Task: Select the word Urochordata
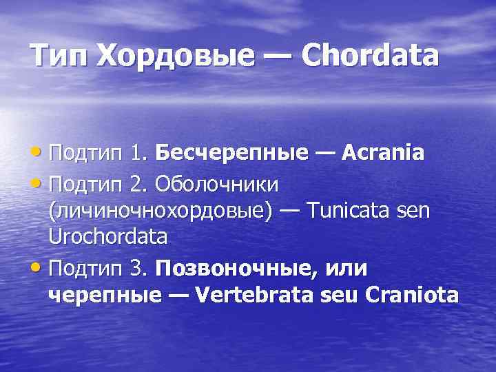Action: click(x=107, y=237)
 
